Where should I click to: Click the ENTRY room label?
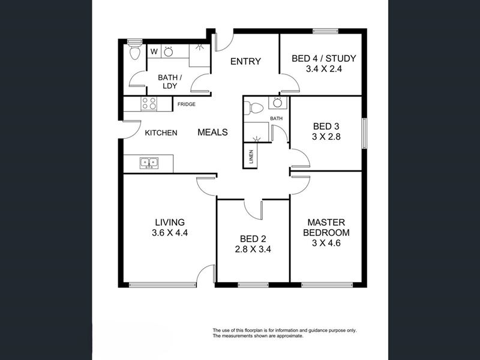(x=245, y=62)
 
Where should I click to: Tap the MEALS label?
(x=212, y=132)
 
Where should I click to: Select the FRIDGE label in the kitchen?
(x=187, y=104)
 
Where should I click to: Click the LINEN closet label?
(x=251, y=156)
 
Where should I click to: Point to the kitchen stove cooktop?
(x=149, y=103)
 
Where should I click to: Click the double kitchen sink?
(x=149, y=163)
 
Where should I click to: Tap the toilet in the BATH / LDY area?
(x=134, y=52)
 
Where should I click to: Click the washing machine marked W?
(x=154, y=52)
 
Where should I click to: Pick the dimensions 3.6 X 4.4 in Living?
(x=170, y=233)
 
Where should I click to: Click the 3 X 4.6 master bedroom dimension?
(x=326, y=243)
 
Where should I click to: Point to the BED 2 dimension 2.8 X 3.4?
(x=253, y=250)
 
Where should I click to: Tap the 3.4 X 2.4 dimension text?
(x=324, y=69)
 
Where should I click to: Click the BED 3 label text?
(x=326, y=127)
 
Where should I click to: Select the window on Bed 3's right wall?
(x=364, y=133)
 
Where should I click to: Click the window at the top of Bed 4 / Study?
(x=325, y=31)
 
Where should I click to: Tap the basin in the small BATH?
(x=278, y=103)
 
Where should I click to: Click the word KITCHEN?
(x=161, y=133)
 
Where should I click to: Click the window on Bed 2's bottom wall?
(x=253, y=285)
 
